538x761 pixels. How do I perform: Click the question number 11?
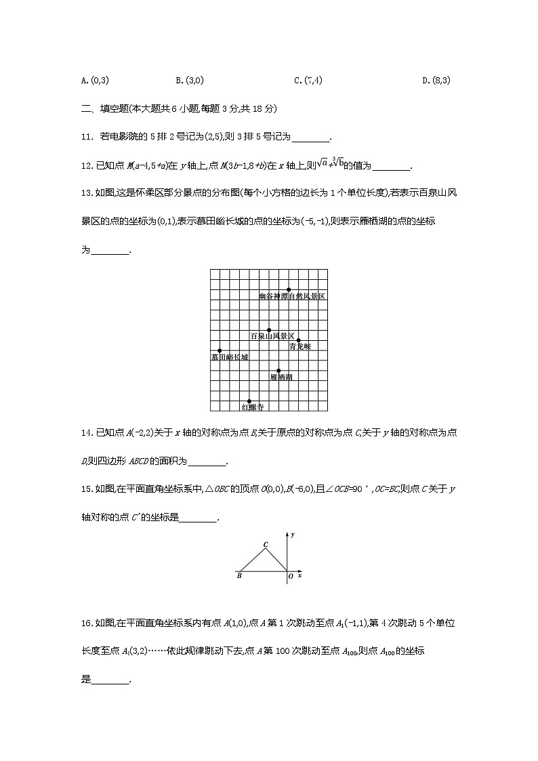pyautogui.click(x=85, y=138)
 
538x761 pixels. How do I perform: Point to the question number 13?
pyautogui.click(x=86, y=192)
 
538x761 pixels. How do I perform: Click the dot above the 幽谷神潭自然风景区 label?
pyautogui.click(x=289, y=289)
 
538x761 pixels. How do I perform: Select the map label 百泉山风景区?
pyautogui.click(x=272, y=336)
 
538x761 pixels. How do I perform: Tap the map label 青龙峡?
pyautogui.click(x=299, y=346)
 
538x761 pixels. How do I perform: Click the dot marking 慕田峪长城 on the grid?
pyautogui.click(x=220, y=350)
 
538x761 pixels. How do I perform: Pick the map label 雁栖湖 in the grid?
pyautogui.click(x=281, y=377)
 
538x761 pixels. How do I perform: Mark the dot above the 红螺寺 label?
pyautogui.click(x=249, y=401)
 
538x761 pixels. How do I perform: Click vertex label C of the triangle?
pyautogui.click(x=265, y=545)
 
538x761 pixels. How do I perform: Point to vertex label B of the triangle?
pyautogui.click(x=239, y=577)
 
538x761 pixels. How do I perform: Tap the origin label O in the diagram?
pyautogui.click(x=290, y=577)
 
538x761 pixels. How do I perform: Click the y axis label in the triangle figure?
pyautogui.click(x=292, y=535)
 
